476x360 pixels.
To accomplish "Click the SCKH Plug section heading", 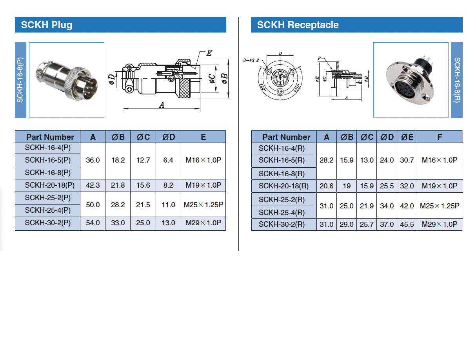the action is pos(46,25).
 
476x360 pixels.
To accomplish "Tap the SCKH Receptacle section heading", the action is pos(298,25).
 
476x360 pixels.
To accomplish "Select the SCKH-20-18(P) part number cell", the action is pos(49,185).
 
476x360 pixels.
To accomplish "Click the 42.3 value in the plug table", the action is pos(93,185).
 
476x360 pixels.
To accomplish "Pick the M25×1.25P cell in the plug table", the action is pos(203,205).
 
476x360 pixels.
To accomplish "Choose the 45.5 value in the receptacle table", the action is pos(407,224).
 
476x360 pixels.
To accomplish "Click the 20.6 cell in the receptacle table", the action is pos(326,186).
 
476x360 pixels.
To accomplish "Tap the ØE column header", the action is pos(407,137).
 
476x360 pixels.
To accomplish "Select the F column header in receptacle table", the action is pos(440,137).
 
